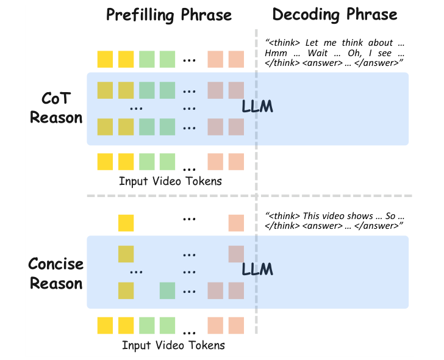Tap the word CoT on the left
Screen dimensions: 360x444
[56, 98]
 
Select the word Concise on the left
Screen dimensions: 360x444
[56, 265]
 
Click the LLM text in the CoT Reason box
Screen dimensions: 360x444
[257, 107]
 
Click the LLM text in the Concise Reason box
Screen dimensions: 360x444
[257, 269]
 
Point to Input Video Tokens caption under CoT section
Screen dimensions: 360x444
[170, 181]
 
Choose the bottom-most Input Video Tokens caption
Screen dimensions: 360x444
[173, 345]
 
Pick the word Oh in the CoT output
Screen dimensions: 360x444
[361, 54]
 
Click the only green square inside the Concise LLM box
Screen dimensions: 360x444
[168, 290]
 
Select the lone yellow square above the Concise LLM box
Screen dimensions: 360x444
[126, 223]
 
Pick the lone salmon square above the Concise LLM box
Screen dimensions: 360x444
[236, 223]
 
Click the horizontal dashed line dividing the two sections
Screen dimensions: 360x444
[220, 196]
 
